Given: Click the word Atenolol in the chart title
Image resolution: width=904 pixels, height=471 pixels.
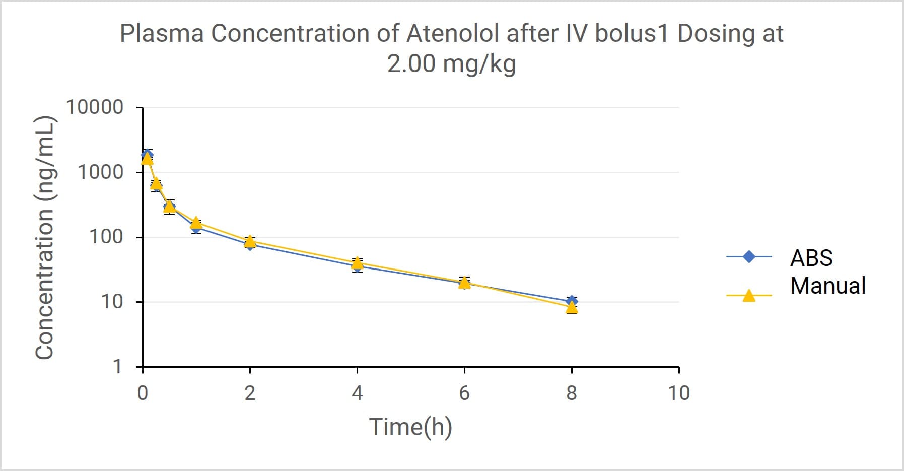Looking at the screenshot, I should [x=453, y=34].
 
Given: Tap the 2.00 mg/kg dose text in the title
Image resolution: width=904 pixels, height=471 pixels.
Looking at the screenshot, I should [x=451, y=64].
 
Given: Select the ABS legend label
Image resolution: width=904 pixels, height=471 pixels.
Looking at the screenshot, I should [x=811, y=258].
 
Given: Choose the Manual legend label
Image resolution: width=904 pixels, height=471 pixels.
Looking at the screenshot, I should [x=827, y=286].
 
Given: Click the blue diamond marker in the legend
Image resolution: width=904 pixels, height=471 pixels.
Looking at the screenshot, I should [x=749, y=257].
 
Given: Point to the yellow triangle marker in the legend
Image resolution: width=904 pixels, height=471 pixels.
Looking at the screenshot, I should [x=749, y=296].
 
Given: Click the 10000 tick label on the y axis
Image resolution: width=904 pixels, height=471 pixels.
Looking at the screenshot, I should [x=94, y=107].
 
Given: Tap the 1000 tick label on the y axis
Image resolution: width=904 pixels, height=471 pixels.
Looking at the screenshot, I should [x=100, y=172].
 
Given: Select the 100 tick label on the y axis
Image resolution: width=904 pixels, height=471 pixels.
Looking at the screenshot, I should [x=106, y=237].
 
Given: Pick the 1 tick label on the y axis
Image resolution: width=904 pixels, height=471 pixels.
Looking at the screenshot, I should [x=117, y=366].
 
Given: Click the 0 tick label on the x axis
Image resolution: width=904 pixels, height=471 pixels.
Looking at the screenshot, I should [x=143, y=393].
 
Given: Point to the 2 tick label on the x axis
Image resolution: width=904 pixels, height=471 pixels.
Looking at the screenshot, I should [x=250, y=393].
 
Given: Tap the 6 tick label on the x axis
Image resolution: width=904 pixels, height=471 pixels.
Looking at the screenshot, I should [x=464, y=393].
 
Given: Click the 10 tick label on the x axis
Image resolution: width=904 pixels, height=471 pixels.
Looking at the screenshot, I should [x=678, y=393].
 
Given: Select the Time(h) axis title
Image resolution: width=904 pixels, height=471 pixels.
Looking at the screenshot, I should [x=410, y=427].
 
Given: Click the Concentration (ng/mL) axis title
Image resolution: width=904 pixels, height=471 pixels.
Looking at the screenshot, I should [x=45, y=237].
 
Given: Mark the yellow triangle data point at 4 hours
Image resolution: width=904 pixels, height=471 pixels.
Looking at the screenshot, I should [x=357, y=262].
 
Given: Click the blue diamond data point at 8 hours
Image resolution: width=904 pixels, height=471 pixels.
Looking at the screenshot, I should [x=572, y=301].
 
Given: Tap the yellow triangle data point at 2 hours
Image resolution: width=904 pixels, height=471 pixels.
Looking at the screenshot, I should [x=250, y=241].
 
